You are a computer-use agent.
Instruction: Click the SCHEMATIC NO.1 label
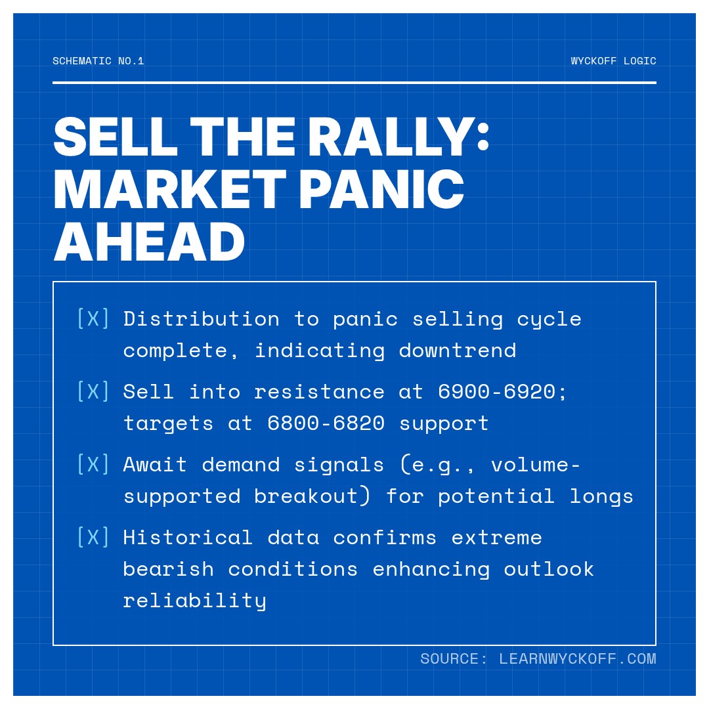98,61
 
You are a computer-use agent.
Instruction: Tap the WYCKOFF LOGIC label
613,61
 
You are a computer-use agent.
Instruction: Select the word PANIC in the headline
385,190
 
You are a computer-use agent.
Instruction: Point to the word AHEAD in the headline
149,242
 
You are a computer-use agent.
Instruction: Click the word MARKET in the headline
169,190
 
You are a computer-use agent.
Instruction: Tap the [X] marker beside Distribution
93,319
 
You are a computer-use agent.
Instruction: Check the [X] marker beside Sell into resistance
93,392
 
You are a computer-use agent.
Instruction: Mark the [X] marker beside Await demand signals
93,465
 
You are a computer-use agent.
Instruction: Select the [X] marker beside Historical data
93,538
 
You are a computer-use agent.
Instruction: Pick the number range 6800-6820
326,423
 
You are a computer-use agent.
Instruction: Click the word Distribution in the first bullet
202,319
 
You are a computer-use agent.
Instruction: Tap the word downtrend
458,351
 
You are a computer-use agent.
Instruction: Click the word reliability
195,601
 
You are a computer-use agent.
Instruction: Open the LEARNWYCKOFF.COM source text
577,659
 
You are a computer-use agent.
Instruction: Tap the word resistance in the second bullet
319,392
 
